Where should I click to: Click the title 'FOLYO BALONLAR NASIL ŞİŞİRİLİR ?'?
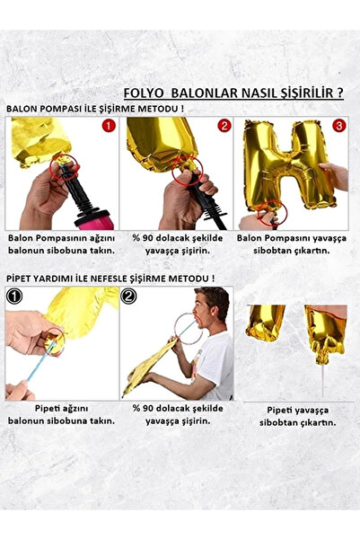pyautogui.click(x=233, y=93)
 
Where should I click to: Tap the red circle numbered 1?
pyautogui.click(x=109, y=127)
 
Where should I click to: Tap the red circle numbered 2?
pyautogui.click(x=224, y=127)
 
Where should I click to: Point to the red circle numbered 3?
pyautogui.click(x=338, y=127)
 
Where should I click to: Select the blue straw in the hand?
pyautogui.click(x=36, y=366)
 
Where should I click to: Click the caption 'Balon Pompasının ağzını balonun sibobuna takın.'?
pyautogui.click(x=61, y=244)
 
